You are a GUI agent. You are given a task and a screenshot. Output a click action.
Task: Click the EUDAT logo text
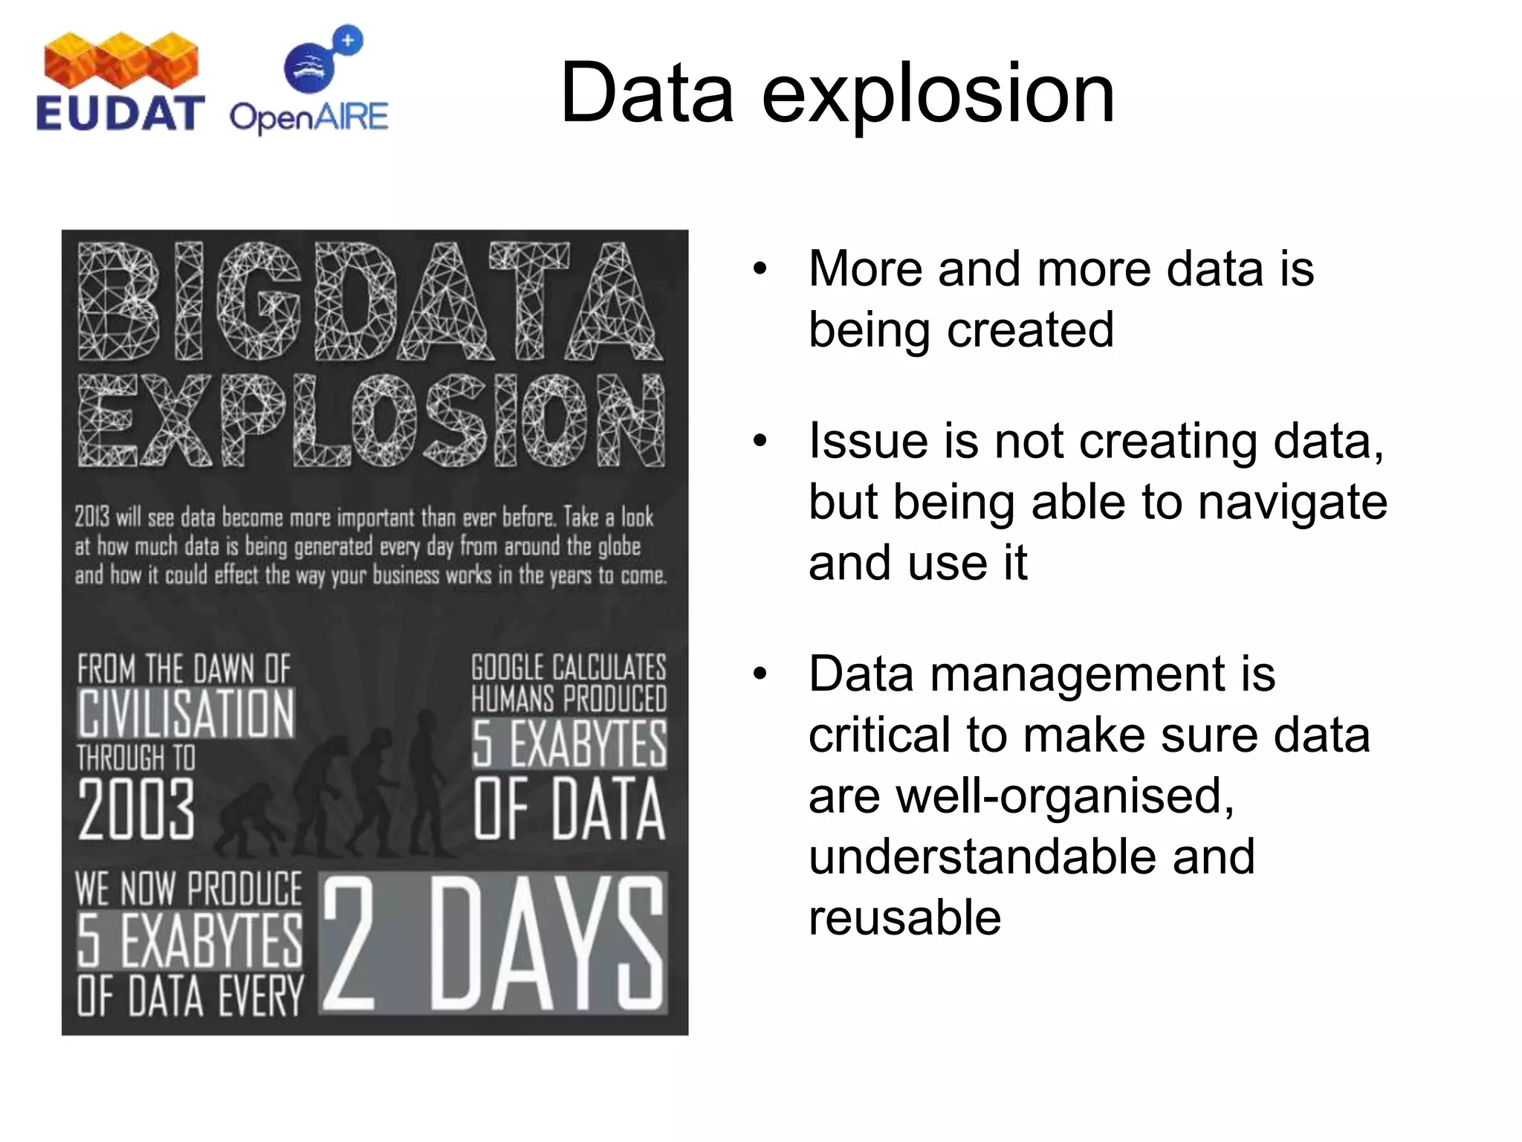point(119,114)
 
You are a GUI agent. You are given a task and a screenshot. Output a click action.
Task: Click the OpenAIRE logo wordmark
point(308,117)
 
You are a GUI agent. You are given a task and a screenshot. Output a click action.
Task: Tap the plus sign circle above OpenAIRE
point(348,40)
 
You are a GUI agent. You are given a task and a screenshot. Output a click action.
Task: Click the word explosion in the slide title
point(938,94)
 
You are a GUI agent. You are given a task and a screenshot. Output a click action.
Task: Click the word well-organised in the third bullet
point(1021,796)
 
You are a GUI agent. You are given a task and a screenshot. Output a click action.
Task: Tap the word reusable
point(904,917)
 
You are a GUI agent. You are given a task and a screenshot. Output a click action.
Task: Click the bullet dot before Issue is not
point(759,441)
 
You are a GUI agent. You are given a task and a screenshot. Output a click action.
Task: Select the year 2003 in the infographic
point(137,809)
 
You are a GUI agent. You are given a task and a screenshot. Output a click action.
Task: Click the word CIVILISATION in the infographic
point(187,713)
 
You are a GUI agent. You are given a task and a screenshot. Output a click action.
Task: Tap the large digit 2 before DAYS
point(348,943)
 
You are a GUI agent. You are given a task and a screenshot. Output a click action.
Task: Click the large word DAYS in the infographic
point(546,943)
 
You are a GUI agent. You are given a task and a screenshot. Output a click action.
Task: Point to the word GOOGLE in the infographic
point(508,668)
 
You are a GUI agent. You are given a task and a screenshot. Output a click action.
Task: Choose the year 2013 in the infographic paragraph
point(92,517)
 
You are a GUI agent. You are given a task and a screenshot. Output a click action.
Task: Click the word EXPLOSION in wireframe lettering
point(372,421)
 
